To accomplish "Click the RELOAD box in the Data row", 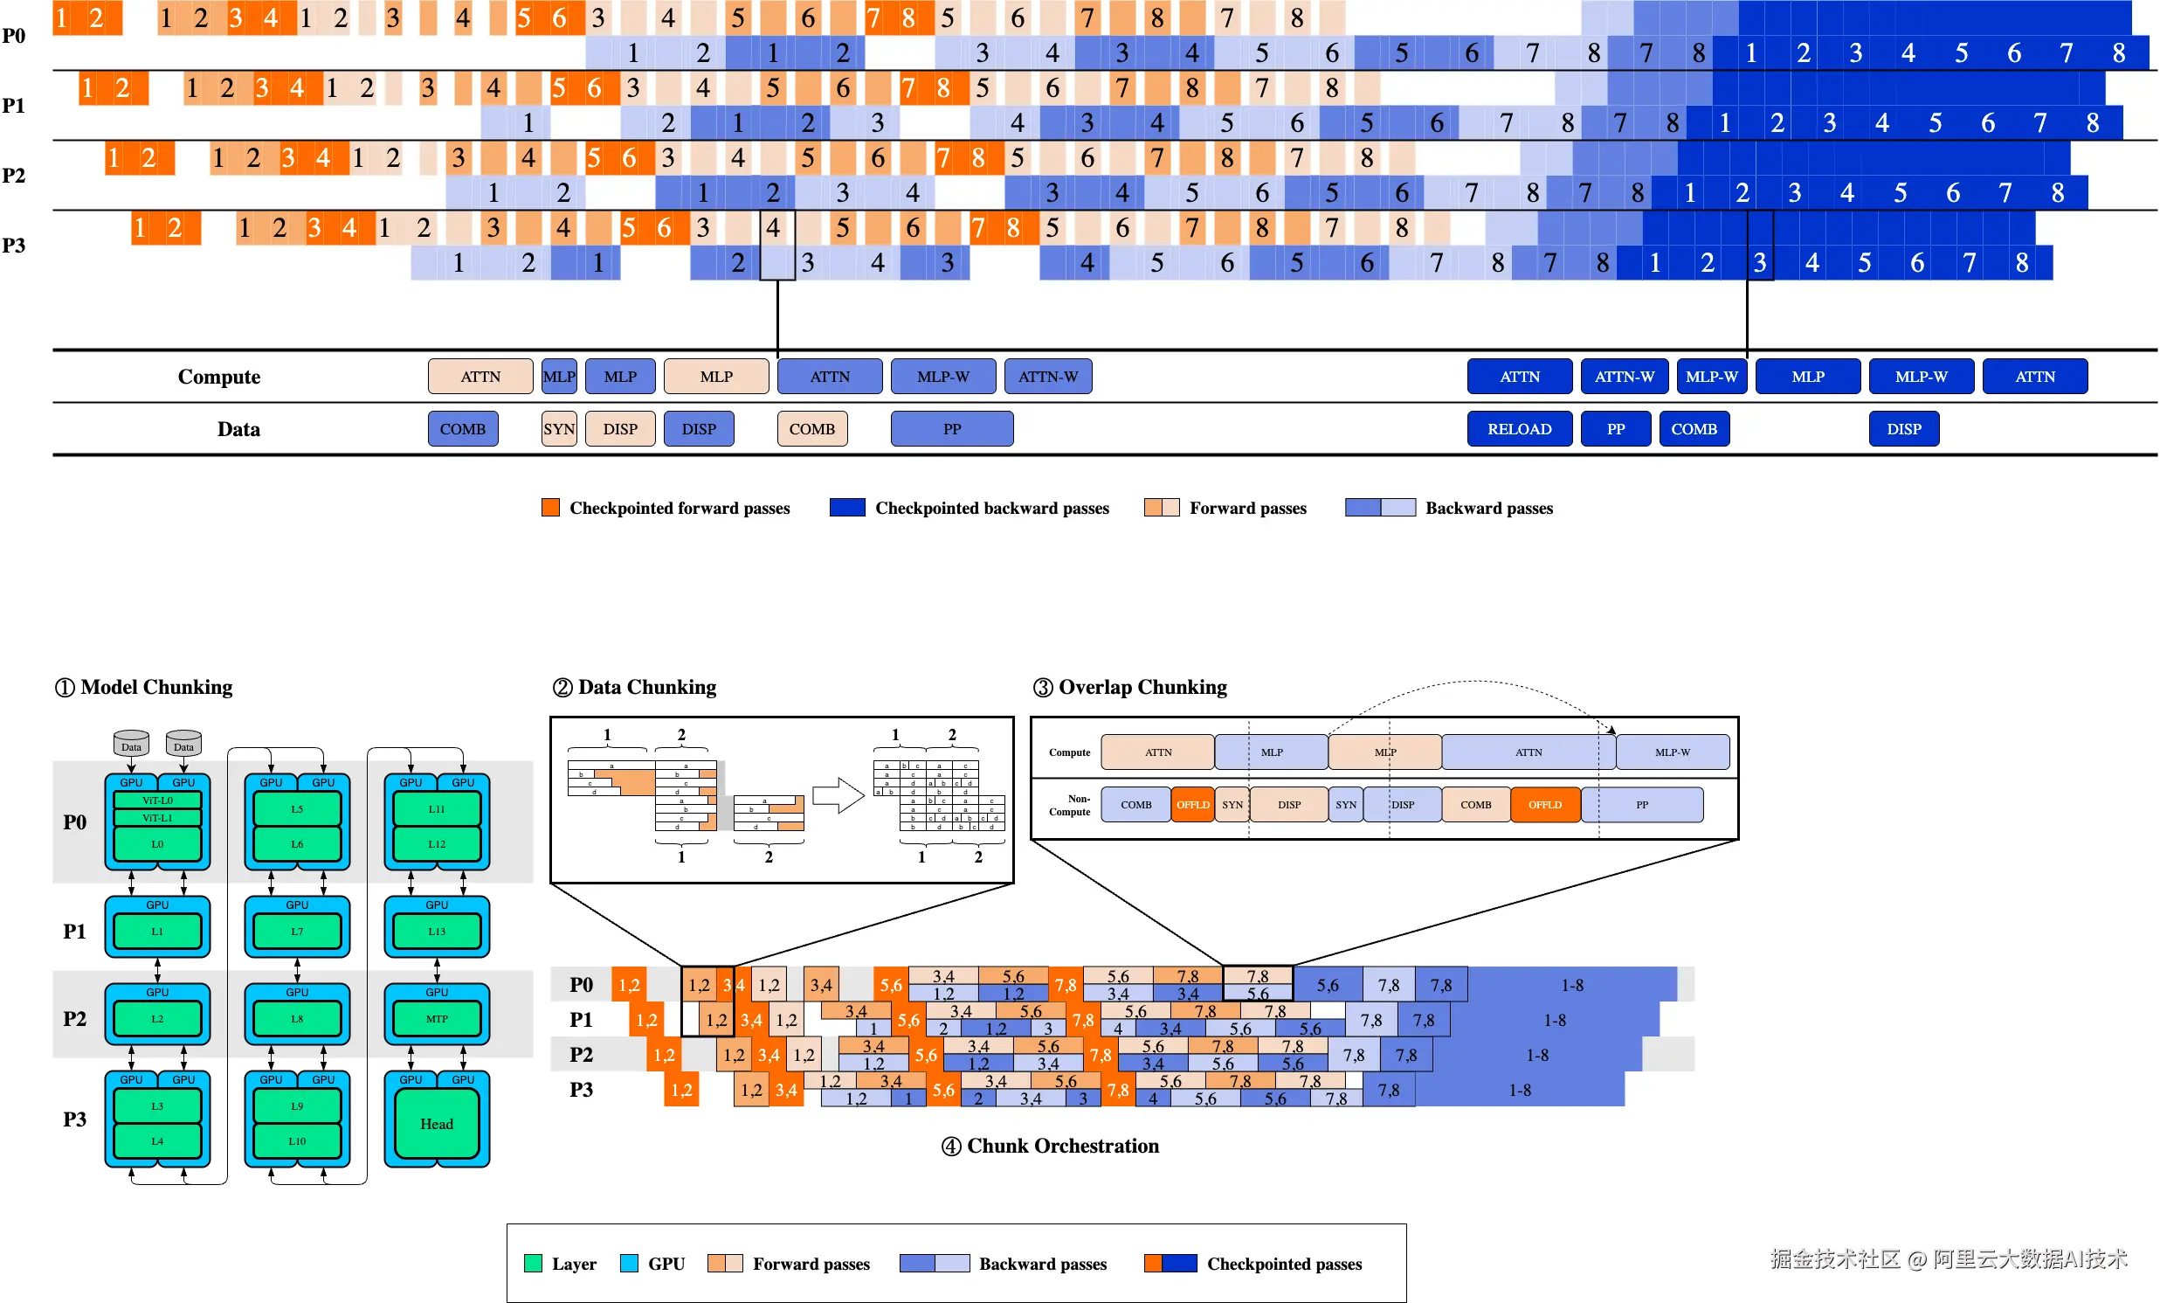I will point(1519,429).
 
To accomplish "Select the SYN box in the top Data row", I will point(558,429).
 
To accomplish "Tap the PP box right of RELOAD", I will point(1615,429).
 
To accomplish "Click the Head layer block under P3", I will point(437,1124).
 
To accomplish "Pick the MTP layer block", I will point(437,1019).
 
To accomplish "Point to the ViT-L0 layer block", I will point(158,801).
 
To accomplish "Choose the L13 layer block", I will point(437,932).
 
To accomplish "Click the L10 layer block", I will point(297,1141).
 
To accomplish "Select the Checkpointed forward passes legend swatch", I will point(550,508).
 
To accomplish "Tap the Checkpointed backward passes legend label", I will point(991,509).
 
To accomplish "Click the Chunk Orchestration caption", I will point(1062,1146).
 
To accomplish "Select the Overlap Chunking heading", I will point(1142,688).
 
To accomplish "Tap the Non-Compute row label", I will point(1070,805).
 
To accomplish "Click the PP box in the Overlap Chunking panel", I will point(1641,805).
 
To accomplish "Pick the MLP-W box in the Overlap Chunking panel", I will point(1672,752).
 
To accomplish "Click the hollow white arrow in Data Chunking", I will point(838,796).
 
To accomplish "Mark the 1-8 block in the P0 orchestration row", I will point(1572,985).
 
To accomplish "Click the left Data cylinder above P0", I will point(131,744).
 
